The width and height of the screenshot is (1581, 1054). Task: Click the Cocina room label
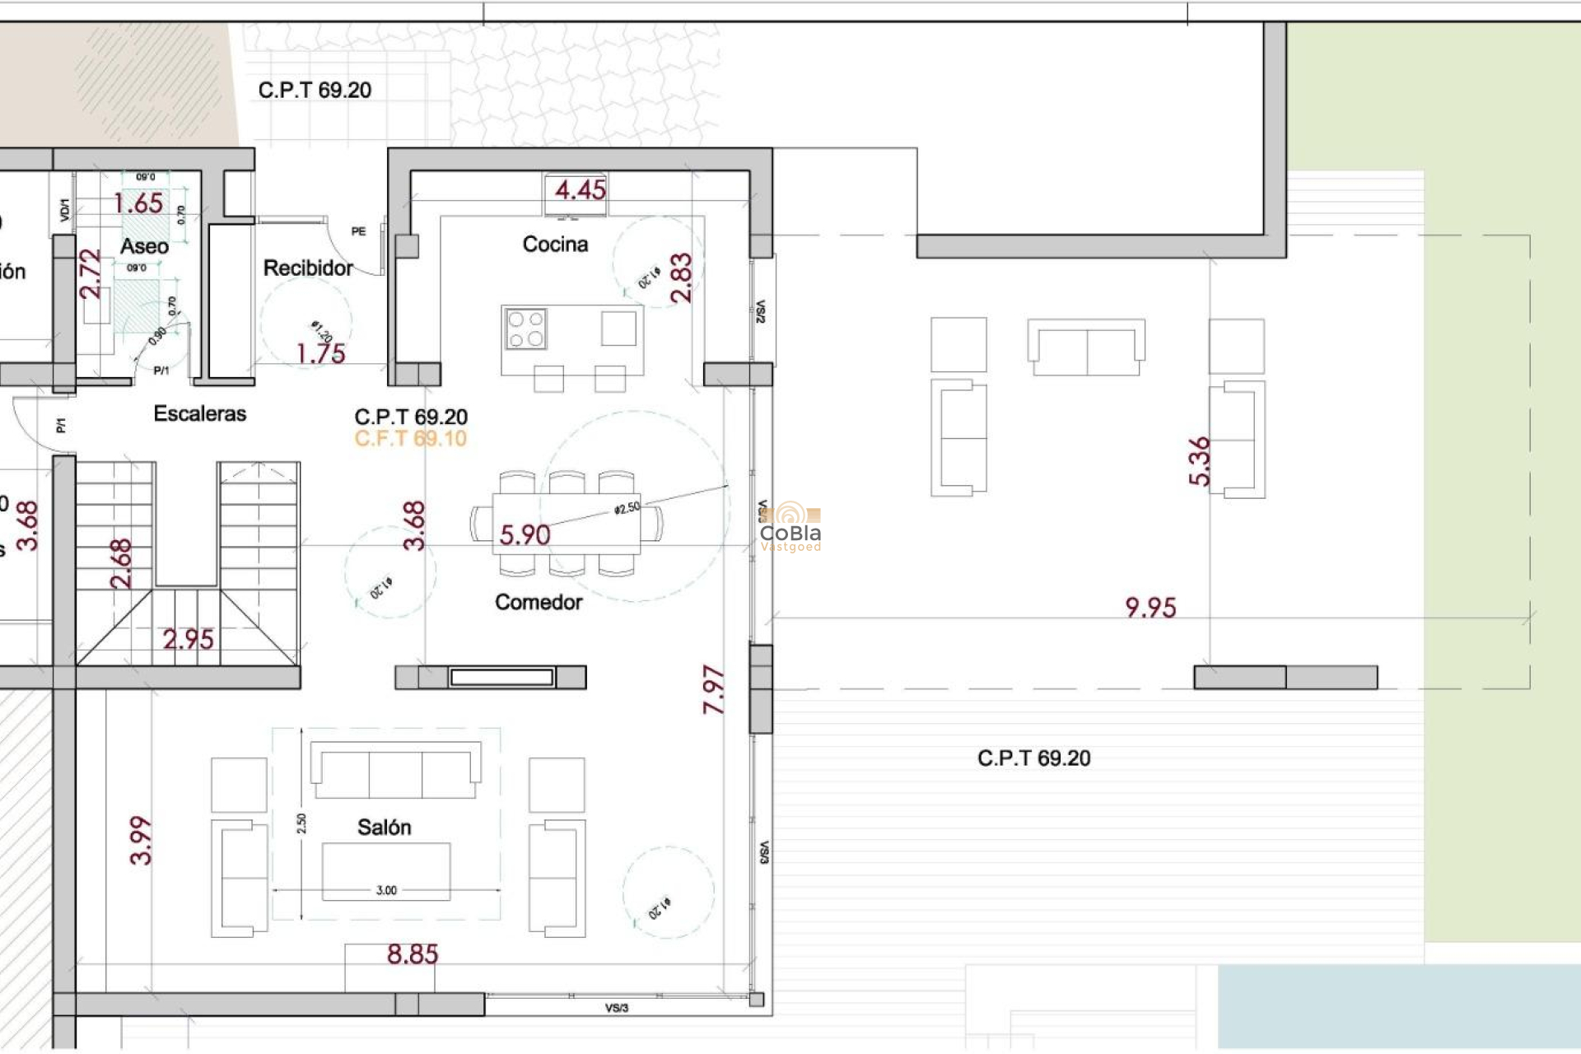pos(555,244)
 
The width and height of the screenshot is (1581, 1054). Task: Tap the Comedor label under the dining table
pos(539,602)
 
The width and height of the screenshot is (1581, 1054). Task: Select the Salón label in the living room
pos(384,827)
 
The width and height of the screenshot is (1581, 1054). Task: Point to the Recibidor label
pos(308,268)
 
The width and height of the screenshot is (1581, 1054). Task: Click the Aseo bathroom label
pos(144,245)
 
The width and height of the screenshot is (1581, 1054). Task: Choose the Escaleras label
pos(199,413)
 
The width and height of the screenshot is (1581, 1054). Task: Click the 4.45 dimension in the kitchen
pos(580,190)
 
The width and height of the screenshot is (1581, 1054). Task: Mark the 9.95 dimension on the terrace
pos(1150,608)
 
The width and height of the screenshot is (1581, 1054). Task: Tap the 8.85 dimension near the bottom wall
pos(413,954)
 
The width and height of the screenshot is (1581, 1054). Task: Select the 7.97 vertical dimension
pos(714,690)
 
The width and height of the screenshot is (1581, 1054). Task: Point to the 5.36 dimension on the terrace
pos(1200,461)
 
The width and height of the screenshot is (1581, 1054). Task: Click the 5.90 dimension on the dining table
pos(525,535)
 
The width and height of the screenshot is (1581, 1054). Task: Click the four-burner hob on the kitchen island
pos(526,329)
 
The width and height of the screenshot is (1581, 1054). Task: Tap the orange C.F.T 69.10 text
pos(410,439)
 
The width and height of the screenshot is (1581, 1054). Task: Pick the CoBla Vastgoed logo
pos(790,528)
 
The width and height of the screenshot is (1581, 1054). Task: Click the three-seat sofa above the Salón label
pos(395,771)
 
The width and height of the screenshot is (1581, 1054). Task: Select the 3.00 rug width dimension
pos(386,890)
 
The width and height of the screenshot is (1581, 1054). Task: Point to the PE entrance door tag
pos(358,231)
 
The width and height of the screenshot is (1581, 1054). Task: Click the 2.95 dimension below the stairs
pos(188,639)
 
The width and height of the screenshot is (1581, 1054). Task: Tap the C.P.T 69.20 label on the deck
pos(1033,758)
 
